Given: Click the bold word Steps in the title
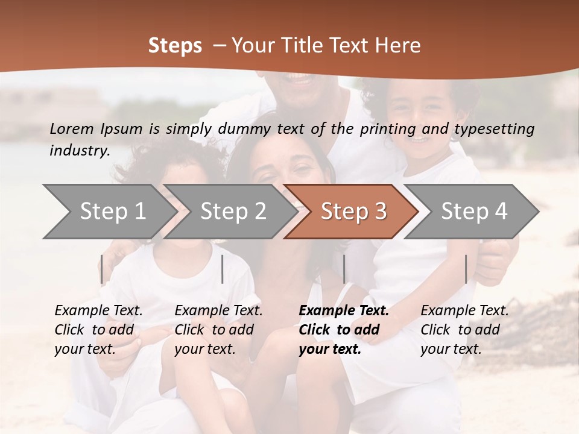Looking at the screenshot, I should click(x=175, y=46).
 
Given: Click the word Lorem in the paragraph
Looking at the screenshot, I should click(x=71, y=128).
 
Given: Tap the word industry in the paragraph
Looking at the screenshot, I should click(x=80, y=150).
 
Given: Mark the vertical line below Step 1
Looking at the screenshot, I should click(x=102, y=269).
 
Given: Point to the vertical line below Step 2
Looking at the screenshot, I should click(x=223, y=269).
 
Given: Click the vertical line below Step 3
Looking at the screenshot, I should click(x=344, y=269).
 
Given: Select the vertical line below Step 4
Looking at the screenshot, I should click(x=466, y=269).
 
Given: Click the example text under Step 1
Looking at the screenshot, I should click(x=98, y=330).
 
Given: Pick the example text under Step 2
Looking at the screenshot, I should click(x=218, y=330).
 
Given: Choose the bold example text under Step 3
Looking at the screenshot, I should click(x=344, y=330).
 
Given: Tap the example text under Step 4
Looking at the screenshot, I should click(x=464, y=330).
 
